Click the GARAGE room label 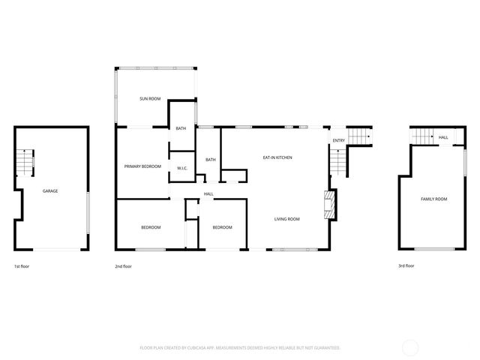[50, 190]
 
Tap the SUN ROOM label [150, 99]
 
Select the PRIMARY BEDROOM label [142, 166]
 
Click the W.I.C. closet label [182, 168]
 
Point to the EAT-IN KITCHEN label [277, 157]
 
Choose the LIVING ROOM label [286, 219]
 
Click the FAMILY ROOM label [433, 199]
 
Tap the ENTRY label [339, 140]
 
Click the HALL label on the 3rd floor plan [443, 137]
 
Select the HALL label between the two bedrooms [208, 194]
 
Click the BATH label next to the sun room [181, 129]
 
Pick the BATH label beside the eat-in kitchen [211, 159]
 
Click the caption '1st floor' [22, 266]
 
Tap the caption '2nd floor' [123, 266]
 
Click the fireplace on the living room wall [327, 204]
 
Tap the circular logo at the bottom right [411, 347]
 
